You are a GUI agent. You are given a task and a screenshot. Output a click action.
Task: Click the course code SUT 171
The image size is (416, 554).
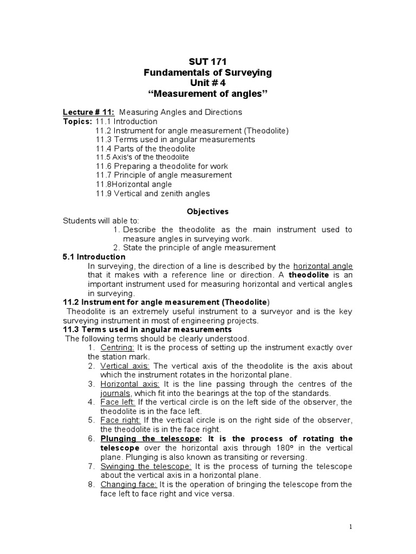[207, 62]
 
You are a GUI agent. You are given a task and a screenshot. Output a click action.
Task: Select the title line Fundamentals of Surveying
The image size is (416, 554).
[207, 72]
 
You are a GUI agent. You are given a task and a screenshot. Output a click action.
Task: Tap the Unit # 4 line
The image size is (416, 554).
[207, 83]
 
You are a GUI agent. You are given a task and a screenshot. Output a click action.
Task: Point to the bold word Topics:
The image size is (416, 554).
[78, 122]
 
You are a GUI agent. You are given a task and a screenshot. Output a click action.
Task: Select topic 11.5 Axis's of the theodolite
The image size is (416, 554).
[142, 157]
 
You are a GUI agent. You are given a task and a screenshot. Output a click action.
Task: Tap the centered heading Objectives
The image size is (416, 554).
[207, 211]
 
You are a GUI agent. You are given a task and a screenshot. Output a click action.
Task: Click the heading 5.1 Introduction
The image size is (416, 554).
[94, 257]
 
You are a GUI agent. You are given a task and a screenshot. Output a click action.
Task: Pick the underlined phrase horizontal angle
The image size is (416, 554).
[323, 266]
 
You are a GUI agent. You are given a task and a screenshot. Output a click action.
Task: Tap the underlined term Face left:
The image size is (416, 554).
[118, 403]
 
